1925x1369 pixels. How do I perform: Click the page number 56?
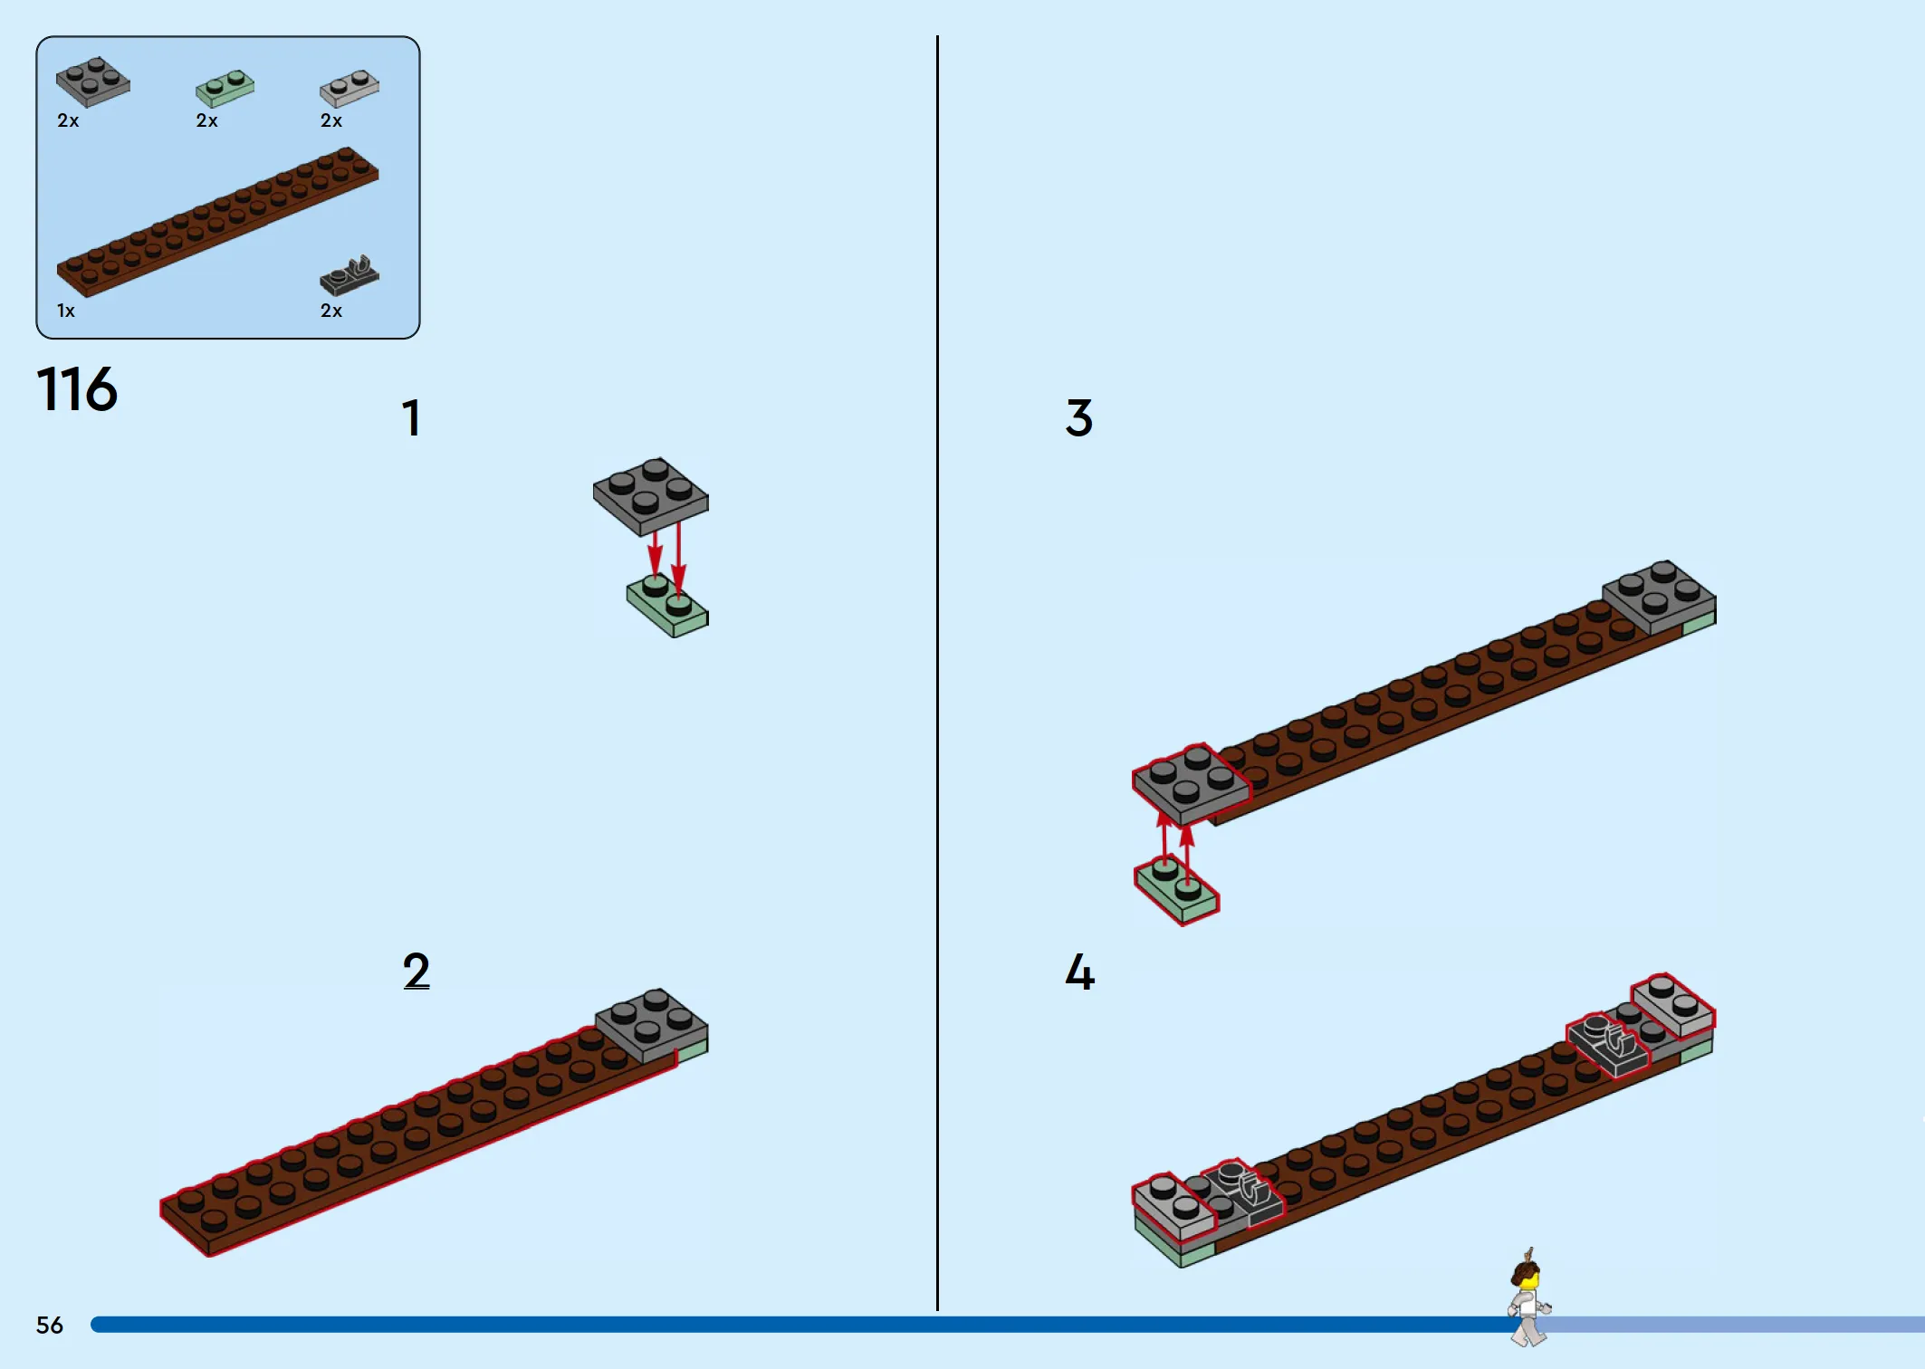(50, 1326)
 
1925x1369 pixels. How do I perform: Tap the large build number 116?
(77, 389)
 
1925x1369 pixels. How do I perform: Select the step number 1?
(411, 418)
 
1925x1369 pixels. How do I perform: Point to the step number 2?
(417, 972)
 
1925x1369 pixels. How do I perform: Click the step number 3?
(1079, 418)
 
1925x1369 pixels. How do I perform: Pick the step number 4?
(1079, 972)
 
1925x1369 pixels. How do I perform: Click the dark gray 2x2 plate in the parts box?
(93, 81)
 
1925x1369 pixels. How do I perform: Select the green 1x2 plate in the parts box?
(225, 88)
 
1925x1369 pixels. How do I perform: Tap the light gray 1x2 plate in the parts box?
(350, 88)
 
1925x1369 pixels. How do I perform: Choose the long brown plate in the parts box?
(217, 222)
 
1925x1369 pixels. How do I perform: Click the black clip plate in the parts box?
(350, 275)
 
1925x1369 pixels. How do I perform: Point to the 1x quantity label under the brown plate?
(66, 311)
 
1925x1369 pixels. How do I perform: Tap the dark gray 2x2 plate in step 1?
(650, 497)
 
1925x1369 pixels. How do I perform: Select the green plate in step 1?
(668, 606)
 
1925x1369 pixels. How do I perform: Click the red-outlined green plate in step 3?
(1177, 890)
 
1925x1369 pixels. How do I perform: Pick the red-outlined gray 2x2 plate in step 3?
(1191, 784)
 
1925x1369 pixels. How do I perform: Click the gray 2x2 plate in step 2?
(652, 1025)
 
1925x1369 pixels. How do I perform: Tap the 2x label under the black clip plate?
(331, 311)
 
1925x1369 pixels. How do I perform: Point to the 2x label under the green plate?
(207, 120)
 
